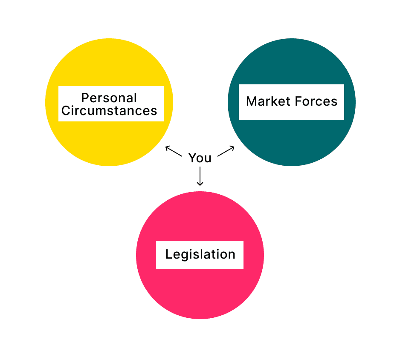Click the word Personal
coord(109,98)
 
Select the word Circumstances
coord(109,111)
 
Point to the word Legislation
coord(200,254)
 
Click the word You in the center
coord(200,158)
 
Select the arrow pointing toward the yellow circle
coord(174,151)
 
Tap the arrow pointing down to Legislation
coord(200,176)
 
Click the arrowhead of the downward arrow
coord(200,184)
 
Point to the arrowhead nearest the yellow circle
coord(167,147)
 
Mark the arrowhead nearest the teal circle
coord(233,147)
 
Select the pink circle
coord(200,294)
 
